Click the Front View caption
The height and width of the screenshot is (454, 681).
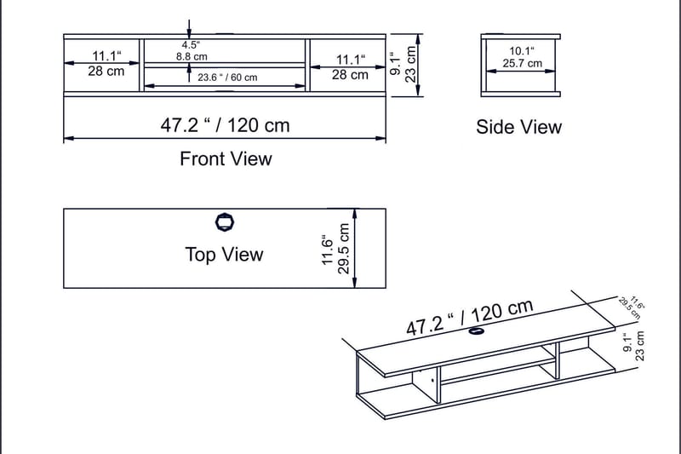click(226, 159)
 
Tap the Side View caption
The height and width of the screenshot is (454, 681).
click(518, 127)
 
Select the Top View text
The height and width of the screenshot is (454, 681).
click(224, 254)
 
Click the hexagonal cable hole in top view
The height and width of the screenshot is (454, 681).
click(225, 222)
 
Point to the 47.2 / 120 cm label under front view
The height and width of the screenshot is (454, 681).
click(225, 125)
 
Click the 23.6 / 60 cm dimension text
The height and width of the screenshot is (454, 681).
click(227, 78)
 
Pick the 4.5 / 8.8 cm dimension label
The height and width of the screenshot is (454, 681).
click(192, 51)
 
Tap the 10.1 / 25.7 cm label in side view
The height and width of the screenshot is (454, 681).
click(522, 57)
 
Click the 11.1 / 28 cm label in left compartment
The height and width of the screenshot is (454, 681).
click(106, 63)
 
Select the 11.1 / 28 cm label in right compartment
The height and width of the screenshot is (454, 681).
click(350, 67)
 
